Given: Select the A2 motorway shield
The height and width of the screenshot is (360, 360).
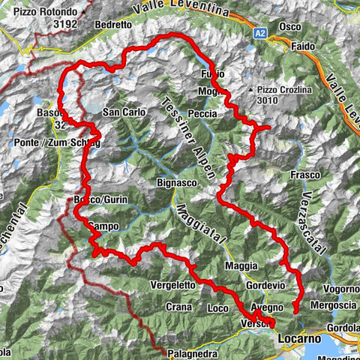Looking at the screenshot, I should [x=259, y=33].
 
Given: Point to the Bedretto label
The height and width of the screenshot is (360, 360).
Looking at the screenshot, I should [x=112, y=25].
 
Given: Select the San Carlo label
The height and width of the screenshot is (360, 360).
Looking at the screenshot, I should [x=121, y=113].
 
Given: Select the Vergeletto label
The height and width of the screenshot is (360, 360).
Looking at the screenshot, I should [x=173, y=286].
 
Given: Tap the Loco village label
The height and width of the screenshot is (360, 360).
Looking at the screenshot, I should [x=217, y=308].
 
